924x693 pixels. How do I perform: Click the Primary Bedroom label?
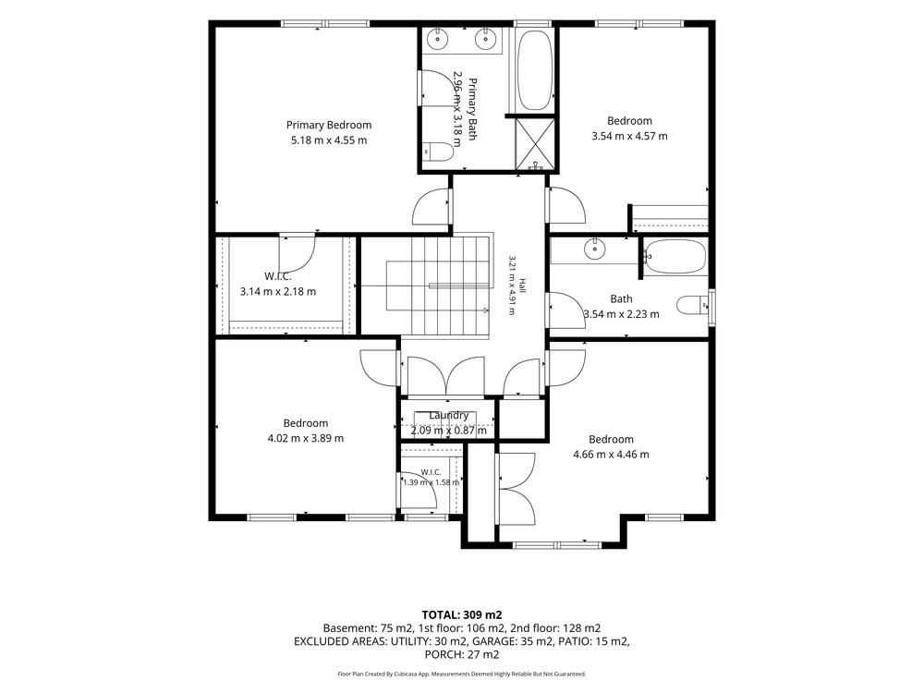pos(329,125)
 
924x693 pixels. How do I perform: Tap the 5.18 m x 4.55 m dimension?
pos(329,140)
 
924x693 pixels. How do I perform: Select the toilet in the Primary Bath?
pos(437,152)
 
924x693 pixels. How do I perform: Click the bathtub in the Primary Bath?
pos(534,70)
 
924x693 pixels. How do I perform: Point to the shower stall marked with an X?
pos(535,144)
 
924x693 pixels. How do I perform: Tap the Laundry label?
pos(448,416)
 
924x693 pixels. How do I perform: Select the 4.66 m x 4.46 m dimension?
pos(611,455)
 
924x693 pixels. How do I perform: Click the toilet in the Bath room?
pos(692,306)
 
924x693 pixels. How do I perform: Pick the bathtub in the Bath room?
pos(675,256)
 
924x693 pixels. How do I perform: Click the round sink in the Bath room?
pos(594,249)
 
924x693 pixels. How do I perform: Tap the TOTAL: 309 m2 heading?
pos(462,615)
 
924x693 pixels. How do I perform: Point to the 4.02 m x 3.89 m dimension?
pos(305,438)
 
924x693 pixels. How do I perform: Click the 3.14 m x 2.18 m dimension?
pos(278,291)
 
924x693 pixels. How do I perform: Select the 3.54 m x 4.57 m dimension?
pos(630,136)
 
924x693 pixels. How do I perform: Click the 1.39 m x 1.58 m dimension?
pos(431,482)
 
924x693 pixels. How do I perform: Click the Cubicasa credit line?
pos(462,674)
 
